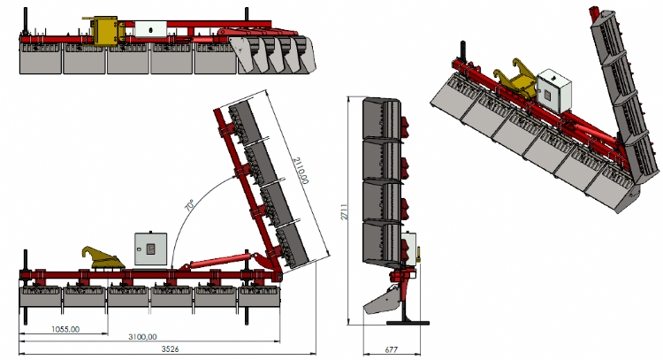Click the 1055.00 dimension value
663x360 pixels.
point(65,329)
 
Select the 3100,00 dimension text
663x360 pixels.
point(142,337)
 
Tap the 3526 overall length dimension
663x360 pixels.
point(170,349)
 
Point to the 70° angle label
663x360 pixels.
point(190,205)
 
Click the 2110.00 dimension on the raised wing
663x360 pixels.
point(301,171)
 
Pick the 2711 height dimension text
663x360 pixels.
point(345,211)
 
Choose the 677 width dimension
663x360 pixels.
point(391,350)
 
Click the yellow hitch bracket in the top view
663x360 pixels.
point(105,30)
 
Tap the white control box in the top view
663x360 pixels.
point(150,29)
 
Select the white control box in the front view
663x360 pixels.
point(150,249)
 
